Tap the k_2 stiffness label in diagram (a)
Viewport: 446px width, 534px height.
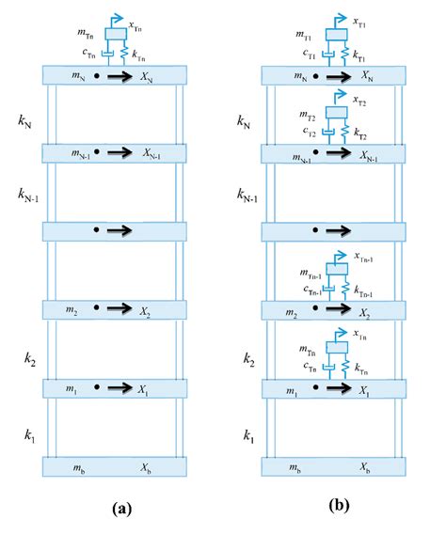[x=29, y=357]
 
